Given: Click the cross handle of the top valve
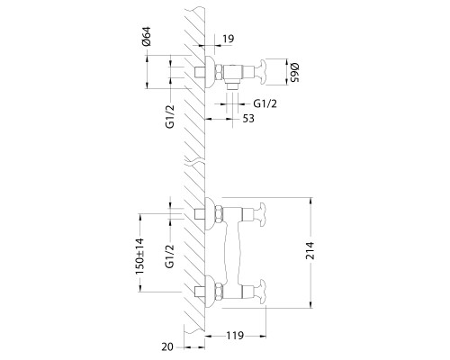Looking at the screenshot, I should point(265,70).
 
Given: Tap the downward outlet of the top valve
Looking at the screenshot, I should point(230,84).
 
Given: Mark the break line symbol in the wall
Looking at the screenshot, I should point(196,162).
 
